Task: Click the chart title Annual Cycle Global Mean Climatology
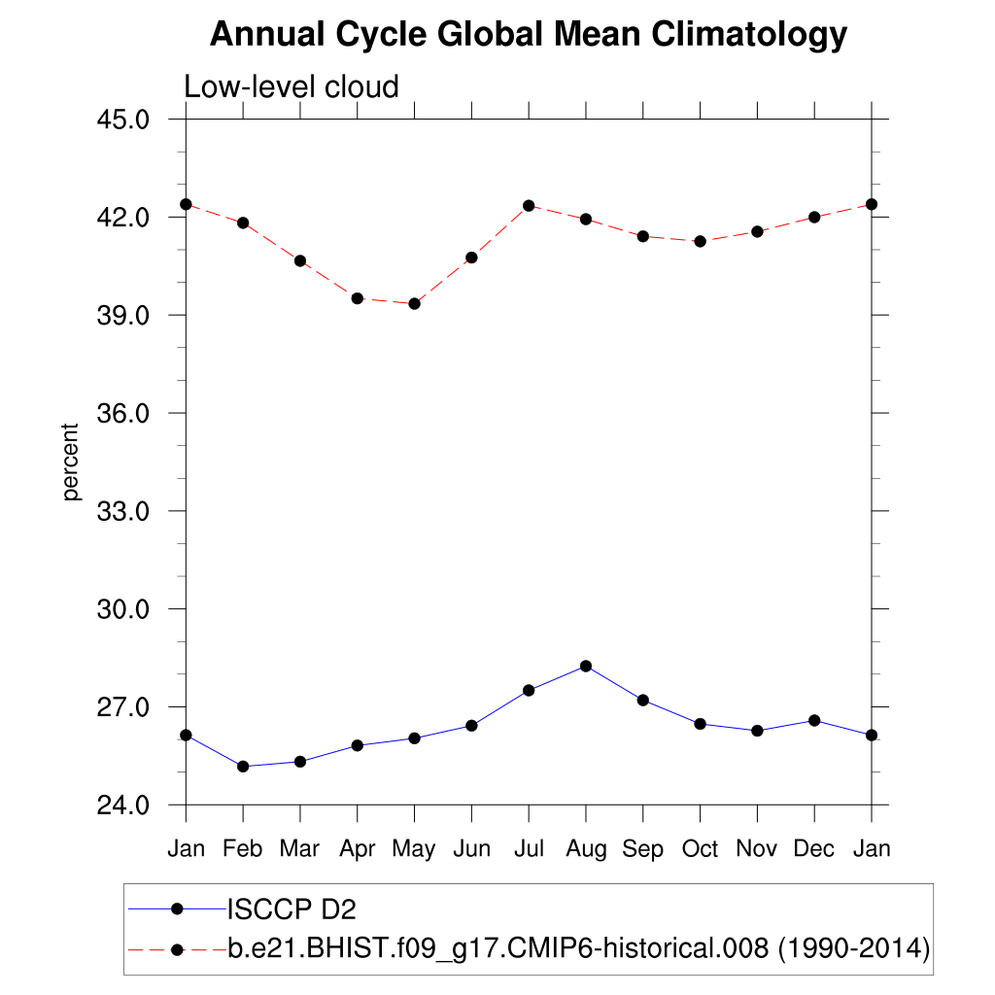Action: click(x=529, y=35)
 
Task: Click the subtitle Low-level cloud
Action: click(x=292, y=87)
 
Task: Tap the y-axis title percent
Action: click(x=70, y=462)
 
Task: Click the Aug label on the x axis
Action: click(x=585, y=849)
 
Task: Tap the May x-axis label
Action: click(x=414, y=849)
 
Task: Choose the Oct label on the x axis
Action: click(x=700, y=849)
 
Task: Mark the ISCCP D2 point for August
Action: click(x=586, y=666)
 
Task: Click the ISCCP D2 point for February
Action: click(x=243, y=767)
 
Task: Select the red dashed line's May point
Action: click(x=414, y=304)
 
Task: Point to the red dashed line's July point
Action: click(x=529, y=205)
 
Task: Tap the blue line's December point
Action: click(x=814, y=720)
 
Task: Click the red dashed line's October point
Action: click(x=700, y=241)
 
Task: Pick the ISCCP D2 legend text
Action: click(x=292, y=909)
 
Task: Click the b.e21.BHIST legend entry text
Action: click(x=579, y=947)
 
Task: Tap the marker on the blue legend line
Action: click(x=177, y=909)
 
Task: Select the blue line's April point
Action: click(x=358, y=745)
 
